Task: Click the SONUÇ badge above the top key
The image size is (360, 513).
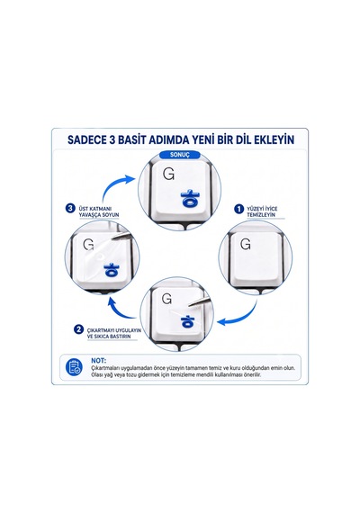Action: coord(179,155)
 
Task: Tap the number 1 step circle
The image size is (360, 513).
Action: coord(238,209)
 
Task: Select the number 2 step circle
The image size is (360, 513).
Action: coord(78,329)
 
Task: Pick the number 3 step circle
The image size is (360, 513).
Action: coord(70,208)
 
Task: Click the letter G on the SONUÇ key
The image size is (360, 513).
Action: coord(168,174)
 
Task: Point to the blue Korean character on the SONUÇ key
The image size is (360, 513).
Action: coord(190,199)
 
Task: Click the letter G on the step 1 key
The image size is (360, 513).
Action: coord(245,244)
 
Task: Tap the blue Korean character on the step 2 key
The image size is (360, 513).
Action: coord(186,321)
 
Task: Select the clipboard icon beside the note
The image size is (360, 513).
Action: coord(74,367)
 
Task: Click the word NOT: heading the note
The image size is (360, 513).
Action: coord(98,361)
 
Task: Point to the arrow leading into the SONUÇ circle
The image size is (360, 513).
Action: coord(116,185)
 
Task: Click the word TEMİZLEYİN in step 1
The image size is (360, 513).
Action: coord(261,214)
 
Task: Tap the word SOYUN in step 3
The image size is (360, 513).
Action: coord(111,214)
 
